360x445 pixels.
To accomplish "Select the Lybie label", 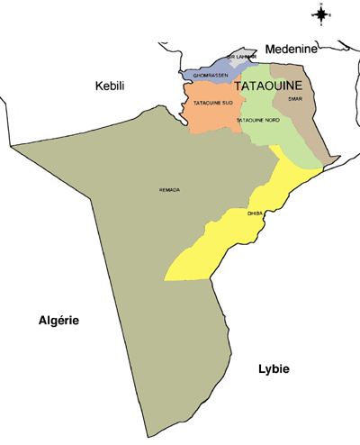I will pyautogui.click(x=276, y=369).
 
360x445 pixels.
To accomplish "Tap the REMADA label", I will pyautogui.click(x=169, y=189).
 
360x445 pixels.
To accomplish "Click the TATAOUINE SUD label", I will pyautogui.click(x=213, y=104).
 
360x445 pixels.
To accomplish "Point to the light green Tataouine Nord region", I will pyautogui.click(x=270, y=135).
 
